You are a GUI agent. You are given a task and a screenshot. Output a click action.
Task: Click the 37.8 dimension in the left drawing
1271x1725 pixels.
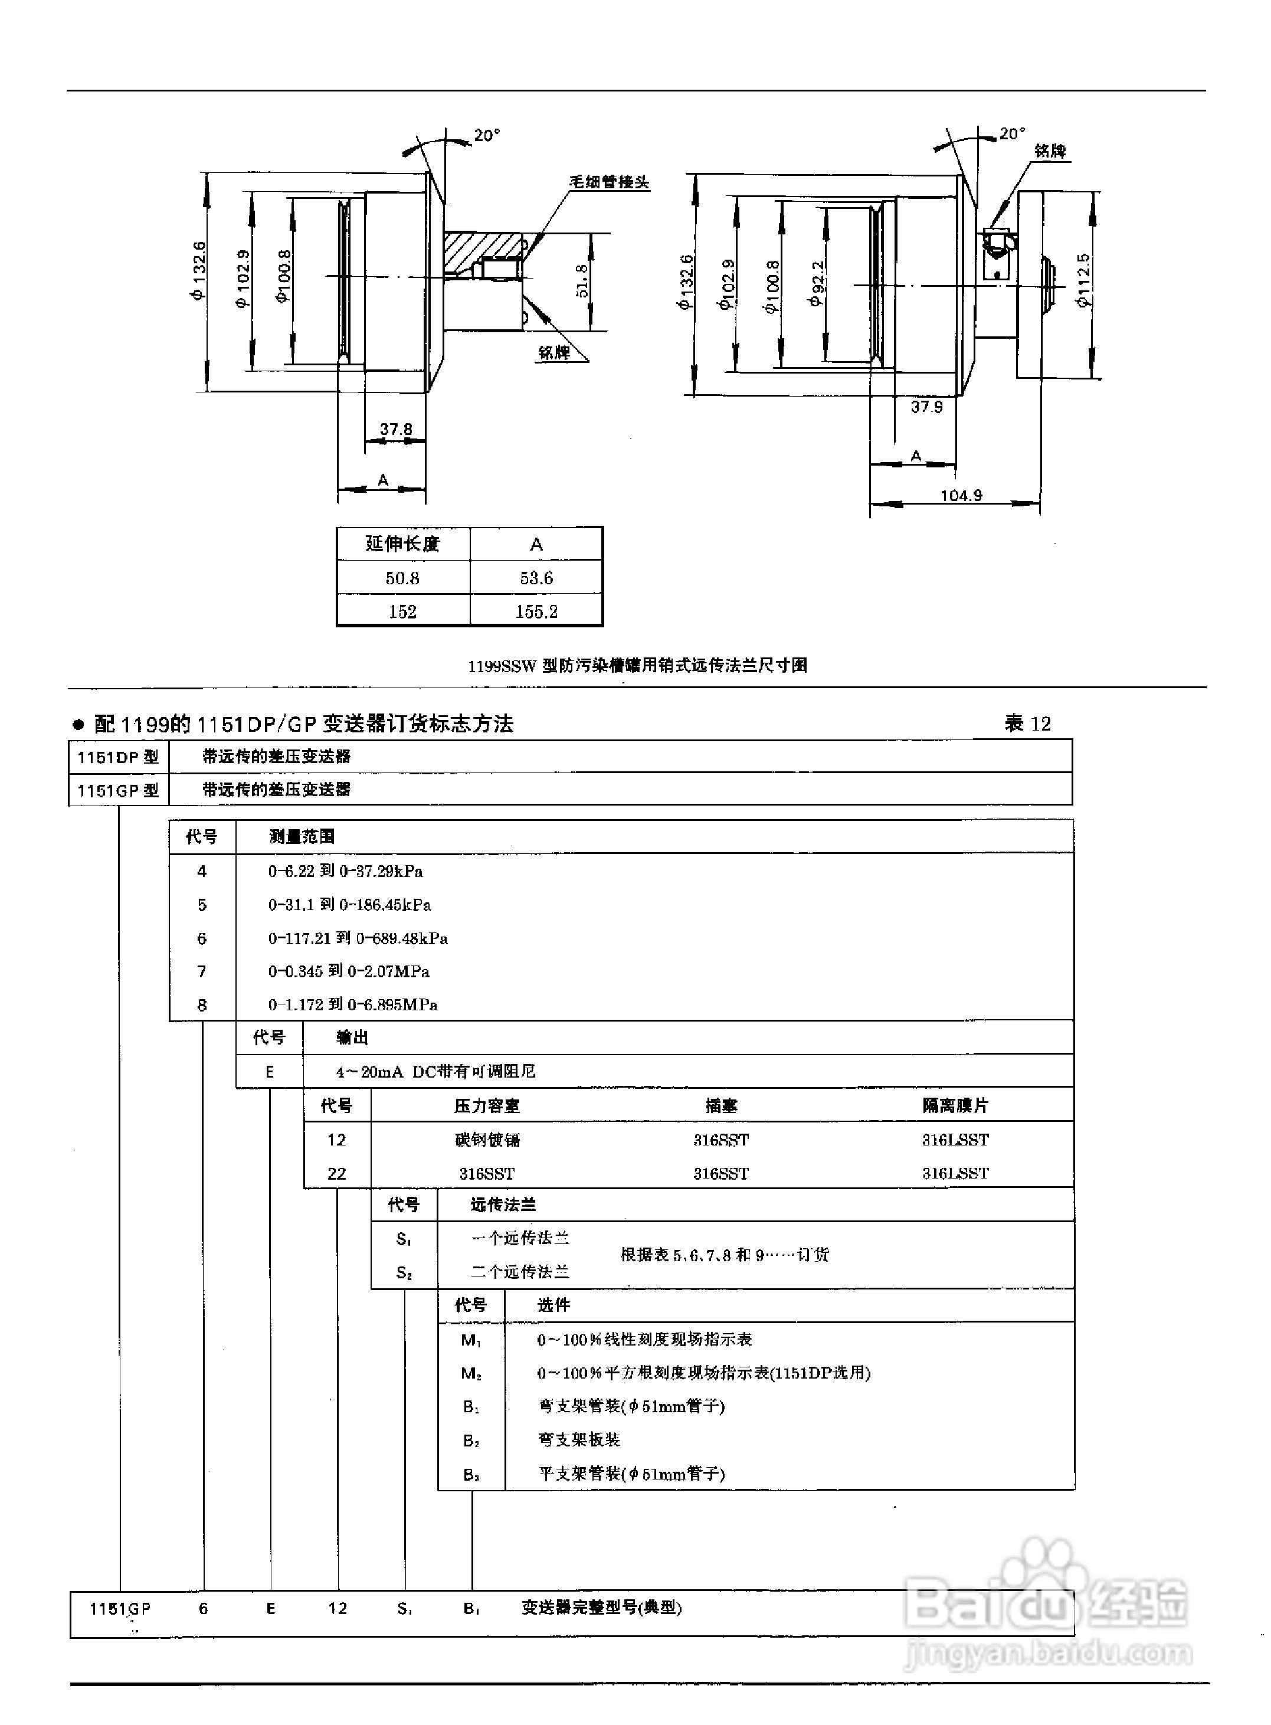coord(396,428)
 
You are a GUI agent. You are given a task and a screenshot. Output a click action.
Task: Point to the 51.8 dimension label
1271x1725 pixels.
coord(582,281)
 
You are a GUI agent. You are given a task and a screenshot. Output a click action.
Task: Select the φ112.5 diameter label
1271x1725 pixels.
coord(1084,281)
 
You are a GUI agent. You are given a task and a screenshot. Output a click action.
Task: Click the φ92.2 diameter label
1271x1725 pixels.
coord(817,283)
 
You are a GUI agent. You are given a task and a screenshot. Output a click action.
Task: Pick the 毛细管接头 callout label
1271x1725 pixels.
coord(608,182)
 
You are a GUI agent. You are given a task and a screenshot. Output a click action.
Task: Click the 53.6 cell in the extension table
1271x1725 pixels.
coord(536,578)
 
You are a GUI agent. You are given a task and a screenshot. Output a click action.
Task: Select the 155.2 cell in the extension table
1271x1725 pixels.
coord(536,611)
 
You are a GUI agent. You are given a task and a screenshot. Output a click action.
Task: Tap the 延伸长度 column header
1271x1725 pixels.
coord(402,544)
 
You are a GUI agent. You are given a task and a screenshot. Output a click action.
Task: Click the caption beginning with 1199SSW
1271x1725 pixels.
coord(637,666)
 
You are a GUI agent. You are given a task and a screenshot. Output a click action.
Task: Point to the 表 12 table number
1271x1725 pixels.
coord(1027,724)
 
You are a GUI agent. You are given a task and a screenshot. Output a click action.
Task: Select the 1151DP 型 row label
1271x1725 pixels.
coord(117,757)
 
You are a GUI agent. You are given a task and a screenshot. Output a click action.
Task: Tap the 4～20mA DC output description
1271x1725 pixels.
coord(435,1071)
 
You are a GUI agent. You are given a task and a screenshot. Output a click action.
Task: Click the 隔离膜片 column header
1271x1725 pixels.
coord(955,1105)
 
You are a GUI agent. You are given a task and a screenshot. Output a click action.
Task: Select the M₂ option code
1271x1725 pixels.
coord(471,1373)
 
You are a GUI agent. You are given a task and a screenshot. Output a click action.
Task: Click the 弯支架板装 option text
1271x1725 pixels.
coord(579,1439)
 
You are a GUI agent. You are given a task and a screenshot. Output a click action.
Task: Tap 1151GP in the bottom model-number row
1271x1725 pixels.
coord(120,1608)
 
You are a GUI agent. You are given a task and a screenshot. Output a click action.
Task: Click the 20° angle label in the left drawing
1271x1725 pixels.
coord(486,135)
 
